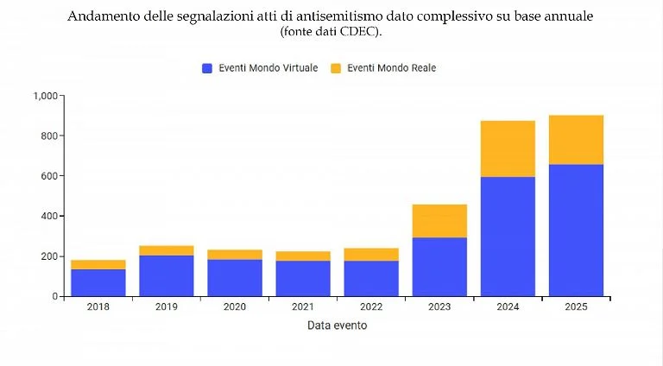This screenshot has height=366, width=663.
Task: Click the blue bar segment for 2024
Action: click(x=508, y=236)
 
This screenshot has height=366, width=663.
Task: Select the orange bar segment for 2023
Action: click(x=439, y=221)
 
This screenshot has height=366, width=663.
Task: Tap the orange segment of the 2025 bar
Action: click(x=576, y=140)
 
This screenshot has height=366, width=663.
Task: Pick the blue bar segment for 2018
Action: click(x=98, y=282)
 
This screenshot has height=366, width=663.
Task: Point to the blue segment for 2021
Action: click(x=302, y=278)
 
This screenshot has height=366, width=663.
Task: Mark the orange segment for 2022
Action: click(x=371, y=254)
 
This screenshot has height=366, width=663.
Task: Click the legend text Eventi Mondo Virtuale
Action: click(x=268, y=68)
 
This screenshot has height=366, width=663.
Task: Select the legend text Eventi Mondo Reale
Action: click(x=391, y=68)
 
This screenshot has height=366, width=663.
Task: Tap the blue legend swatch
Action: click(x=207, y=68)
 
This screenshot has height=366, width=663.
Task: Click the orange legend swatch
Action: click(x=336, y=68)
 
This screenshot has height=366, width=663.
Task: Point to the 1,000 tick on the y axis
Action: click(x=45, y=96)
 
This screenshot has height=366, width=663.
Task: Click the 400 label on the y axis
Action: click(x=49, y=216)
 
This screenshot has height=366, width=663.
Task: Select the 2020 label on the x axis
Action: click(x=234, y=307)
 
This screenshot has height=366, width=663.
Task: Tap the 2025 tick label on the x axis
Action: click(x=576, y=307)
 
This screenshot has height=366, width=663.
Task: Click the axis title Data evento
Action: click(x=337, y=325)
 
